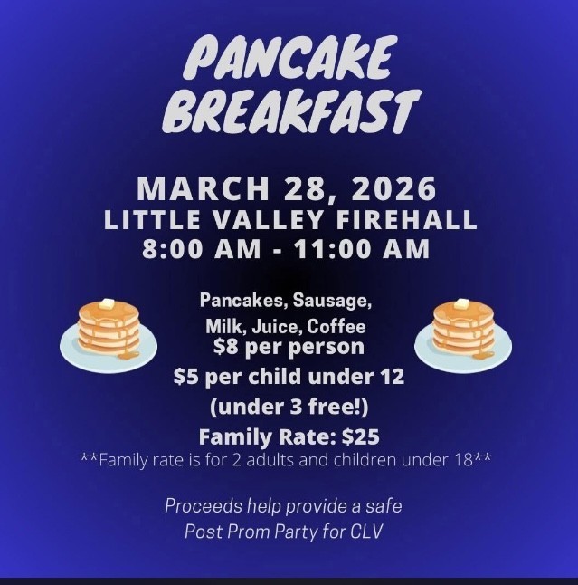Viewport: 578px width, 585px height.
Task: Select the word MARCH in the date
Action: click(x=192, y=190)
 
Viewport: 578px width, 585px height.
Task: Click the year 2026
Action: click(x=393, y=190)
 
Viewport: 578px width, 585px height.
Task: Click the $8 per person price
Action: click(x=289, y=346)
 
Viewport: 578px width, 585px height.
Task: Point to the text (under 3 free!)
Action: click(x=289, y=407)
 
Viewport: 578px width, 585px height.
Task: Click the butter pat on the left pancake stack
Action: click(x=108, y=304)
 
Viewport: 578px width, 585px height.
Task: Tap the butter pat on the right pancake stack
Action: click(x=463, y=304)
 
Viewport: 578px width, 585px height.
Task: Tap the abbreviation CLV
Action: click(x=365, y=532)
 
